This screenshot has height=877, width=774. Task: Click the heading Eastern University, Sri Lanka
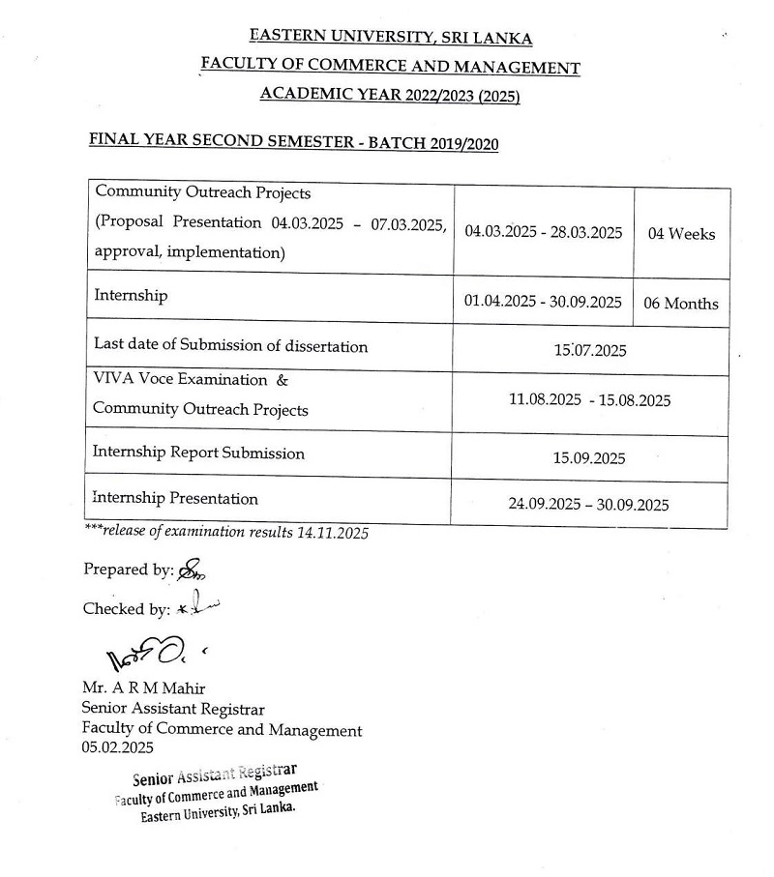(390, 38)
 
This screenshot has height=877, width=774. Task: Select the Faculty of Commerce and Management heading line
(390, 68)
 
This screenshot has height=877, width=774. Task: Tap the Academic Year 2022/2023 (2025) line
(390, 95)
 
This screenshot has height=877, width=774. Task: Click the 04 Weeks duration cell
(681, 234)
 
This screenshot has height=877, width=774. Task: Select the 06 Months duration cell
(681, 303)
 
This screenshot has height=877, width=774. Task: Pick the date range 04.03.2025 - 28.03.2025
(543, 233)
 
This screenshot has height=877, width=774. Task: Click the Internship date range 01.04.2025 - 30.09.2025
(543, 302)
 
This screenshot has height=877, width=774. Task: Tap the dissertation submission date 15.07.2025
(589, 350)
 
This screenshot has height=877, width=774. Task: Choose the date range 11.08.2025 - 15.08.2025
(589, 400)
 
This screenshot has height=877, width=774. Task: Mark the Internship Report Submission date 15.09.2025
(589, 458)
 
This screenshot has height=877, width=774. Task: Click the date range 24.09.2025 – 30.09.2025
(588, 505)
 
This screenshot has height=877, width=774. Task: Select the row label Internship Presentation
(175, 499)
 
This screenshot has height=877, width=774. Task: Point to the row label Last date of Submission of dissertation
(230, 345)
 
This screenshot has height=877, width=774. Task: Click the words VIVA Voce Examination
(180, 380)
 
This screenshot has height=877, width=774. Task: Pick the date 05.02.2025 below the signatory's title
(117, 748)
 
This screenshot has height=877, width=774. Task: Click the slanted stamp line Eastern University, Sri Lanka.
(218, 810)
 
